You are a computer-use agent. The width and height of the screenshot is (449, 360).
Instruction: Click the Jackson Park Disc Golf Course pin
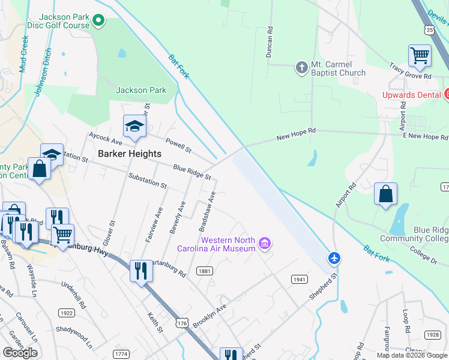pos(99,22)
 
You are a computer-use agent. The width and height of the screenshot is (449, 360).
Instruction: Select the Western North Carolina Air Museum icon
pos(265,244)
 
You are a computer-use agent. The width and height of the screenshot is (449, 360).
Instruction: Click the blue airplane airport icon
pos(334,258)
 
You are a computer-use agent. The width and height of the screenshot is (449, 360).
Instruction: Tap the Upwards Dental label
pos(412,95)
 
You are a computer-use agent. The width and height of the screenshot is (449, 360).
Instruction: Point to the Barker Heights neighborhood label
pos(130,154)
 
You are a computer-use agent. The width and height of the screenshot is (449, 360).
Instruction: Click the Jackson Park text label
pos(140,90)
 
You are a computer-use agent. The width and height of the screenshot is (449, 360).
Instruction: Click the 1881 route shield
pos(205,271)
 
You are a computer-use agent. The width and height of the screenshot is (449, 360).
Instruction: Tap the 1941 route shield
pos(300,280)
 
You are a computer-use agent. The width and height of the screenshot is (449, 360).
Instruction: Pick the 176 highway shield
pos(183,323)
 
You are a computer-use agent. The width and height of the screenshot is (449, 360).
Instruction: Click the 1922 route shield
pos(67,313)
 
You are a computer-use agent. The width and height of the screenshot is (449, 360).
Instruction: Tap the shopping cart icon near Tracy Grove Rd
pos(420,56)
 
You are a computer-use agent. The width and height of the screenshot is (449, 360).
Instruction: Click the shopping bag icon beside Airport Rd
pos(385,194)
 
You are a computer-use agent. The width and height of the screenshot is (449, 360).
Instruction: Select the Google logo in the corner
pos(20,353)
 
